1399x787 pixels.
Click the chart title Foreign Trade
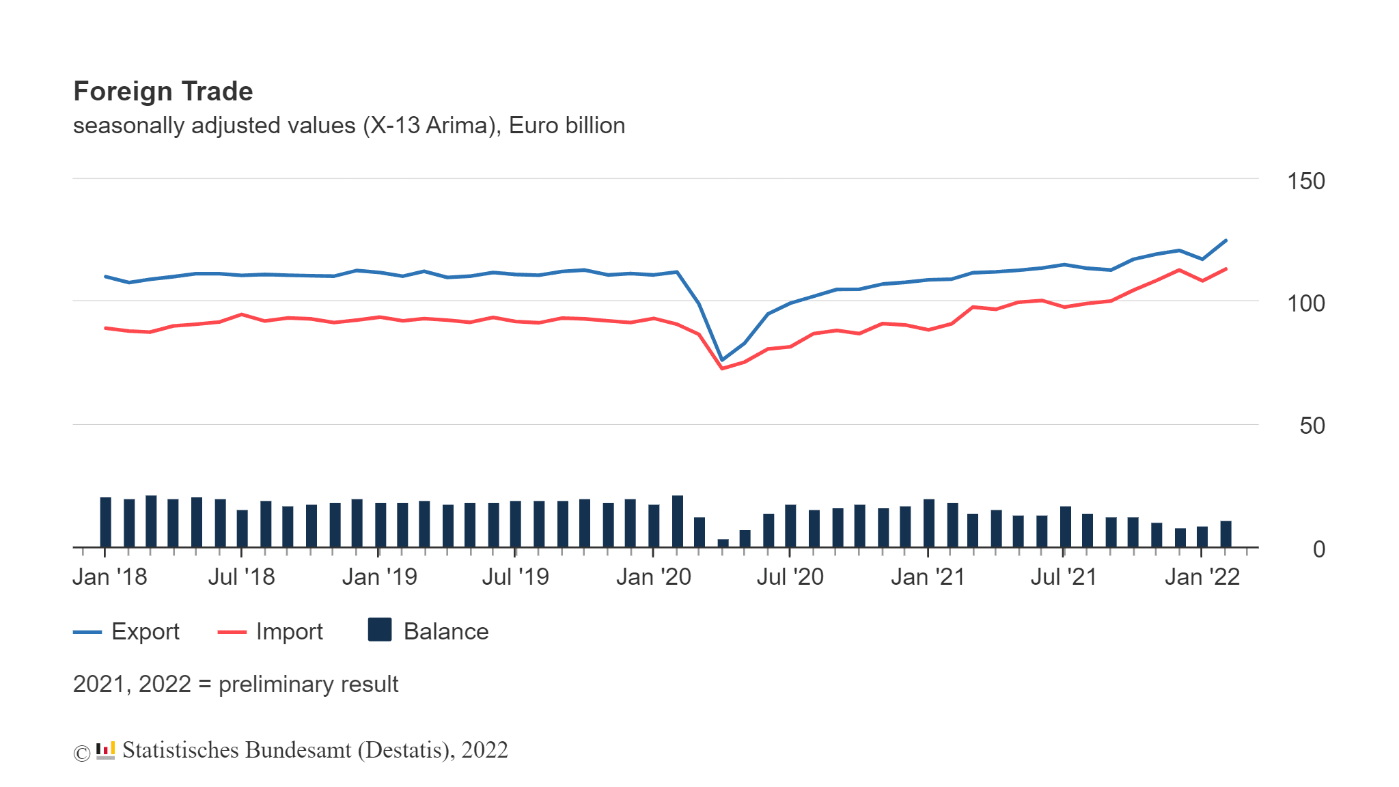(163, 92)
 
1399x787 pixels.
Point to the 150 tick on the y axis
(1305, 181)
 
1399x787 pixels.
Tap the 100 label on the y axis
(1305, 303)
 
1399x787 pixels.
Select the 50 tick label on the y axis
(1312, 426)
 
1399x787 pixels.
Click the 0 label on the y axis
(1318, 549)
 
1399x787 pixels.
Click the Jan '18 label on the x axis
(110, 577)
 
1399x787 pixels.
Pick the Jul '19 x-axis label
(515, 577)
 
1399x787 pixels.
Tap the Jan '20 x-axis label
(653, 577)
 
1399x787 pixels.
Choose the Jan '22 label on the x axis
(1202, 577)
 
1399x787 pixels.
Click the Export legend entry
(145, 632)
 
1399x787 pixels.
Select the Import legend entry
(289, 632)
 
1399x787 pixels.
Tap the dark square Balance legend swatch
(380, 630)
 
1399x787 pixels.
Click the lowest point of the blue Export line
(722, 360)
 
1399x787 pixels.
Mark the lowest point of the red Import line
(722, 368)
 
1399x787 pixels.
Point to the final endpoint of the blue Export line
(1226, 240)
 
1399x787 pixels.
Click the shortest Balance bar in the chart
(723, 543)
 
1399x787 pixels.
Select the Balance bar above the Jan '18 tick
(105, 522)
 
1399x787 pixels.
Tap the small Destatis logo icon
(105, 751)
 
